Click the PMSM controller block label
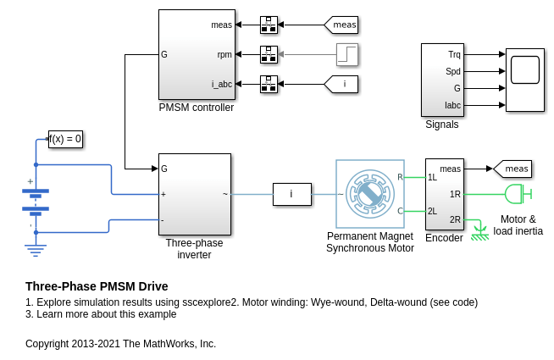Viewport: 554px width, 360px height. tap(196, 108)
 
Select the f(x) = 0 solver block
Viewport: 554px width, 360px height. tap(65, 139)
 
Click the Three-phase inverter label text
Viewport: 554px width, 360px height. tap(194, 248)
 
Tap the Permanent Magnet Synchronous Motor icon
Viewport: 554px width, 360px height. tap(370, 194)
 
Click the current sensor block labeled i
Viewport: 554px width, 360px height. tap(291, 194)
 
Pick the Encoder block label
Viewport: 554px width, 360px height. tap(444, 238)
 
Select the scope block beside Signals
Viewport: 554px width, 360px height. tap(525, 80)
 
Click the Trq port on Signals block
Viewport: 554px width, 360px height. tap(454, 54)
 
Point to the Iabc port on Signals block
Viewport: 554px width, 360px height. tap(453, 106)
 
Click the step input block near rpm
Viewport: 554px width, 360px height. tap(346, 54)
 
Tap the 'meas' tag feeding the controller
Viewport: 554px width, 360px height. tap(342, 25)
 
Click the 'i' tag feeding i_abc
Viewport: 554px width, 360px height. tap(342, 84)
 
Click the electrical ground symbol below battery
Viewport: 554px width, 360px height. tap(36, 249)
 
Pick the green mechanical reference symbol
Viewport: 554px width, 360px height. tap(479, 231)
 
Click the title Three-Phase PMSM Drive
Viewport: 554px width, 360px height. tap(97, 286)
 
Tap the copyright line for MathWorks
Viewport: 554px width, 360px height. tap(120, 344)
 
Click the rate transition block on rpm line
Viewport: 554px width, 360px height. tap(269, 54)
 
